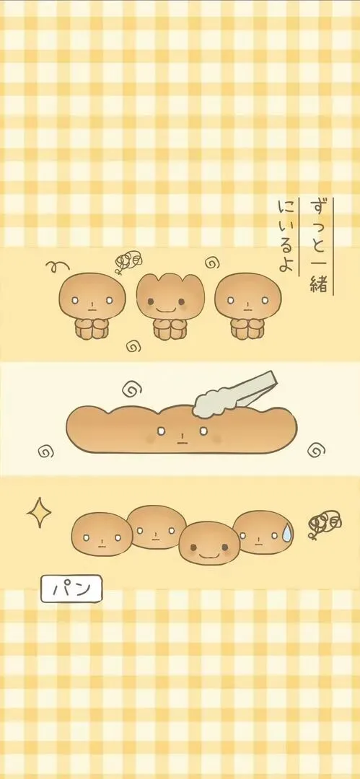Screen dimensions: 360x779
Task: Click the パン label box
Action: pos(71,589)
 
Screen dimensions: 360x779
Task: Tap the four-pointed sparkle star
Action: pos(39,512)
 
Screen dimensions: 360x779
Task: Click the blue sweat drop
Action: pos(286,532)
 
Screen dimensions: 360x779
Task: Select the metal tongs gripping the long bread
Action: pos(234,395)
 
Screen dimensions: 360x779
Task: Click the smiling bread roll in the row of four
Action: pos(209,542)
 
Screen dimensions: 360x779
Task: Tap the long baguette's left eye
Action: pos(161,431)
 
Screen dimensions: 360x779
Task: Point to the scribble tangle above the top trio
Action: pos(127,261)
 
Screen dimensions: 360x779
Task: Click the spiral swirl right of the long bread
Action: pos(316,450)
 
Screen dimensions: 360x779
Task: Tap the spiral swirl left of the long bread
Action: pos(45,452)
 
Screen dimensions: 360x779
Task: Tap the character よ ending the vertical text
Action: pos(286,263)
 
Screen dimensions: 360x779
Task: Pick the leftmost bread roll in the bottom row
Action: pos(102,534)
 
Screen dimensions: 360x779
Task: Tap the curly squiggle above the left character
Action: pos(57,266)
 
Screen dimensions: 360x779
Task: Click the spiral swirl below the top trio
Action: pos(133,346)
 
